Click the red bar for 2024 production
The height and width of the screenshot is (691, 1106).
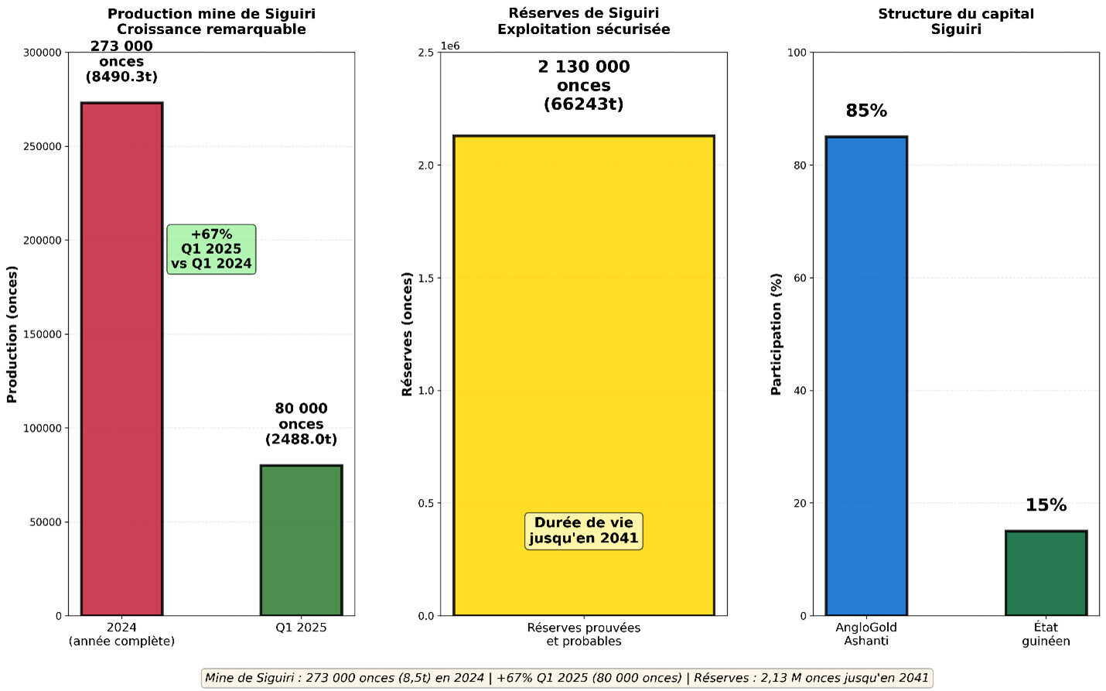click(x=121, y=359)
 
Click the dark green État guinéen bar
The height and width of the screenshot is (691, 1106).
click(x=1046, y=573)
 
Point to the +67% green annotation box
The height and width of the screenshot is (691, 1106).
click(x=211, y=249)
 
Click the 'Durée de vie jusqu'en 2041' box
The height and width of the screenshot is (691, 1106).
click(x=583, y=531)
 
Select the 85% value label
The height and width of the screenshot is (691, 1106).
click(x=866, y=111)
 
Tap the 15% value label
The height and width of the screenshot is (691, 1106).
click(x=1046, y=505)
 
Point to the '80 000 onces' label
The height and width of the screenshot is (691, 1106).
click(x=301, y=424)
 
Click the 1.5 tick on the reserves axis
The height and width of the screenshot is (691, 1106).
click(x=426, y=278)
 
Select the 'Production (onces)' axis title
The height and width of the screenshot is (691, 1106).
click(x=12, y=334)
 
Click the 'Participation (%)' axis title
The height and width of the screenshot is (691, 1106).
click(x=777, y=334)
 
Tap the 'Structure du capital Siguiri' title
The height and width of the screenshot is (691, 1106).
click(x=955, y=22)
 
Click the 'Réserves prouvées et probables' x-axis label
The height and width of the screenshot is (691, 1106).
click(x=583, y=635)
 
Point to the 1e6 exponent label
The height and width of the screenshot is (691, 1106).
click(x=450, y=46)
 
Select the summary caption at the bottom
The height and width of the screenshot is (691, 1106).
click(x=567, y=678)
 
